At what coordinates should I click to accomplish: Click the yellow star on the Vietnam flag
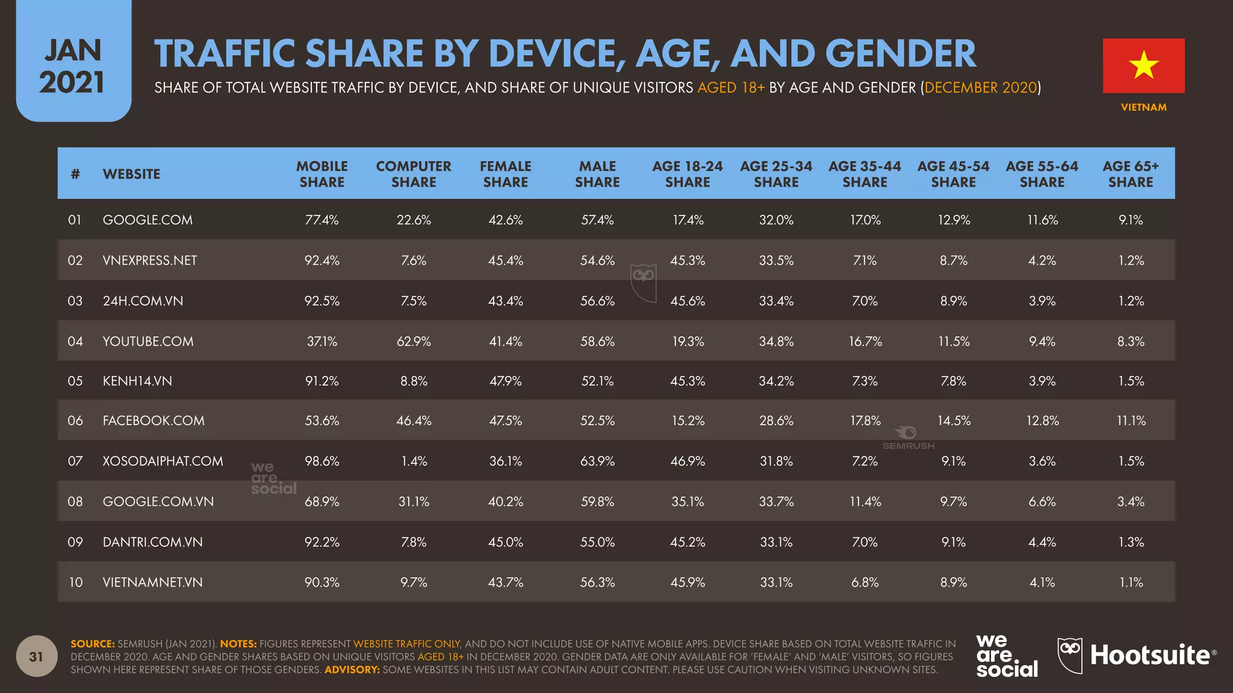[x=1143, y=65]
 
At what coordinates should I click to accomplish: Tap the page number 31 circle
[x=37, y=656]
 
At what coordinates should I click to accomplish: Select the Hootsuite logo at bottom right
[x=1137, y=655]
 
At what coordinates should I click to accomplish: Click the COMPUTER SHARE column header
[x=414, y=174]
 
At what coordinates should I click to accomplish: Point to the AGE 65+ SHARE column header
[x=1130, y=174]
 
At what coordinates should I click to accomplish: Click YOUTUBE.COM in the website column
[x=148, y=341]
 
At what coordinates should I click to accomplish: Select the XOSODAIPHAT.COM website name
[x=163, y=461]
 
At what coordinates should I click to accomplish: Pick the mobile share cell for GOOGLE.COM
[x=321, y=220]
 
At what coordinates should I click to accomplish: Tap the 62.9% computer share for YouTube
[x=414, y=341]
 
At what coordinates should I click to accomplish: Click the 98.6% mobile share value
[x=321, y=461]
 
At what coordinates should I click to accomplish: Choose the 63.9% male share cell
[x=597, y=461]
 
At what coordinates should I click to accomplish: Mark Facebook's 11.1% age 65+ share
[x=1131, y=420]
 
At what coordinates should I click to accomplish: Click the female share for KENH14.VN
[x=505, y=381]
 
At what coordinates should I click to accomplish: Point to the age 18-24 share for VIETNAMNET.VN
[x=688, y=582]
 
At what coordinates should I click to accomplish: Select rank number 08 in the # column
[x=75, y=501]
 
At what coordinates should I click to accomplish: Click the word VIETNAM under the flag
[x=1143, y=107]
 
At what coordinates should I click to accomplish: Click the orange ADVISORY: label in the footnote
[x=352, y=670]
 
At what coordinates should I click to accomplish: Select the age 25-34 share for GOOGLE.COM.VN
[x=776, y=501]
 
